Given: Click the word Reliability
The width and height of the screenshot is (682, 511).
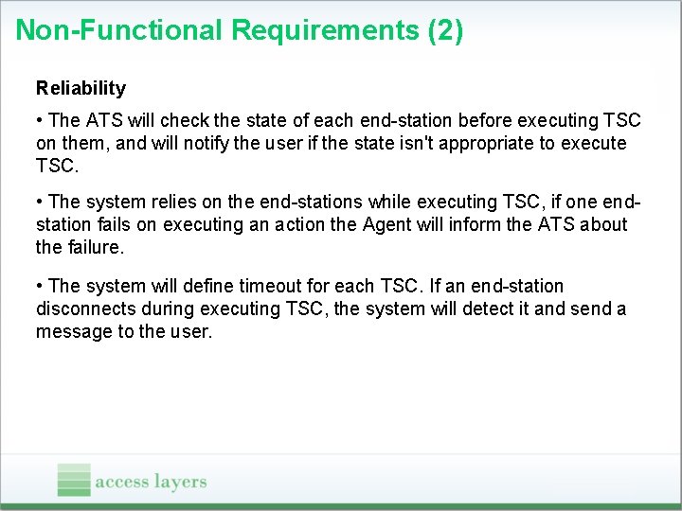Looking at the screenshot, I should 81,88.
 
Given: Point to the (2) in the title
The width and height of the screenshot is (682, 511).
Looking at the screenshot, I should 445,30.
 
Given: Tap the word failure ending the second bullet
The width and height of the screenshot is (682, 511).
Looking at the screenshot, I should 93,247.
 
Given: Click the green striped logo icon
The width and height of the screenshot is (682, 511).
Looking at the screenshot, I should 74,480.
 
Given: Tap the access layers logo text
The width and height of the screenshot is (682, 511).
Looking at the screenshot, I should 151,482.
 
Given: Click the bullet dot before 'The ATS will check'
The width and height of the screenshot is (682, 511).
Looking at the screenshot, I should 40,120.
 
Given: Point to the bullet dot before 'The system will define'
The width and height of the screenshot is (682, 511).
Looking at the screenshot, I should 40,286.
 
